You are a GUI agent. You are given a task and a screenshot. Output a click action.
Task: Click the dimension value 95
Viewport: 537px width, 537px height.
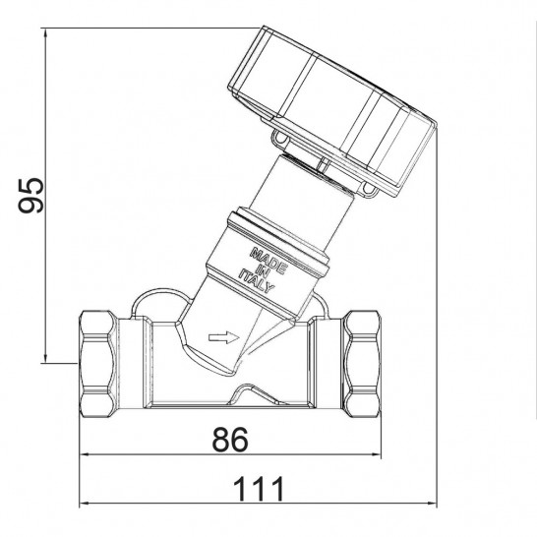click(30, 196)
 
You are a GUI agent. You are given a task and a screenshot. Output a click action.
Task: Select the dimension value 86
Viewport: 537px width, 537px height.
click(230, 440)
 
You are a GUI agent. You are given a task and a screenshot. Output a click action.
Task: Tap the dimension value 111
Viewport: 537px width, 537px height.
click(259, 489)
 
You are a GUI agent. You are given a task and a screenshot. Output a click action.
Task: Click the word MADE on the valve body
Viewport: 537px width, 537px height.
click(268, 261)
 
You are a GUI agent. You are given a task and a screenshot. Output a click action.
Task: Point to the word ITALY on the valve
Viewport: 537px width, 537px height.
click(257, 281)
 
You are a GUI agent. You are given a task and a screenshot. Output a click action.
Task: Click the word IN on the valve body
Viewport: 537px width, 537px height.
click(263, 271)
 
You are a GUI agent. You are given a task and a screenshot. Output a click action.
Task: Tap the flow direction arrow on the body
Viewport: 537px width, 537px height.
click(224, 337)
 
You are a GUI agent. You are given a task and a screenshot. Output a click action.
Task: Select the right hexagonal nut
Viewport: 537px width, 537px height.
click(362, 364)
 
